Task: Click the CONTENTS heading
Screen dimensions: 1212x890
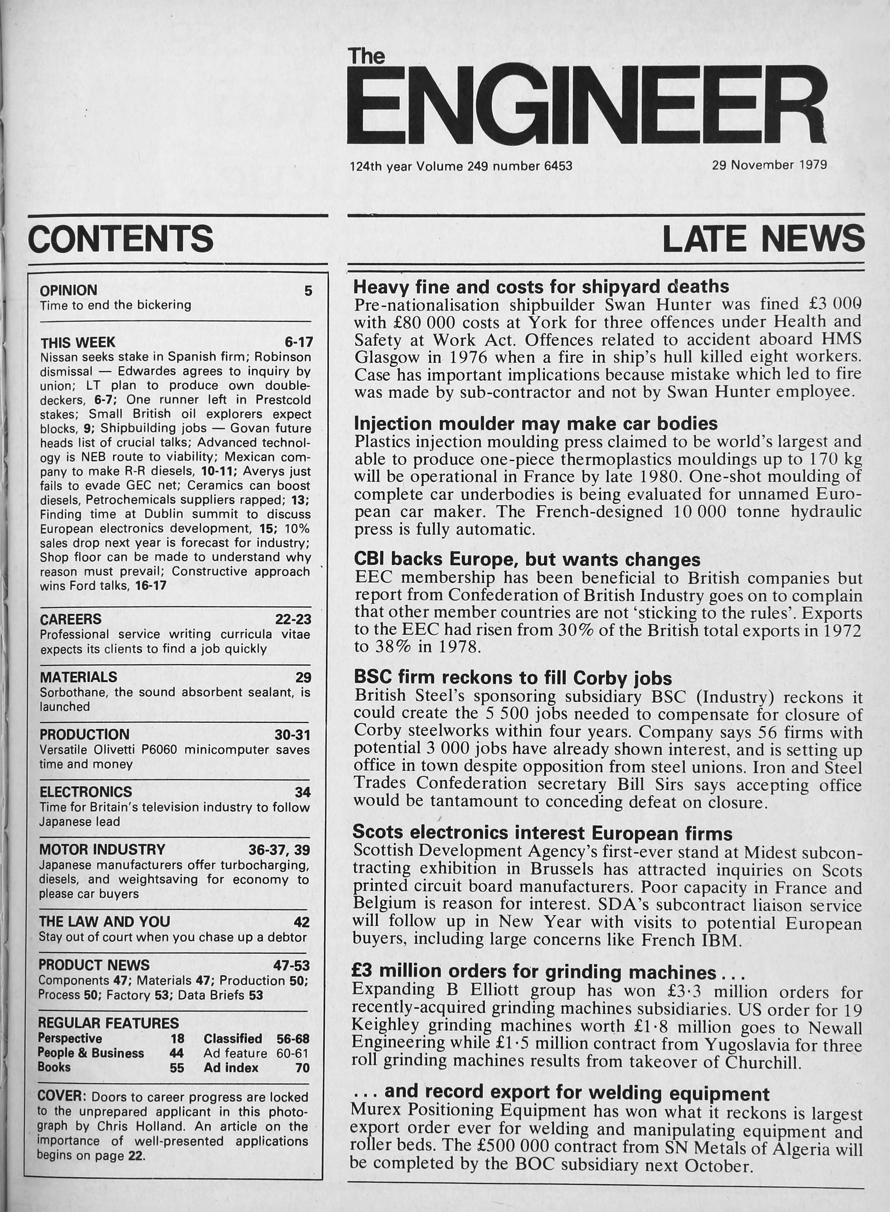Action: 121,239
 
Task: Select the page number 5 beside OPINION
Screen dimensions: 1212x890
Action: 308,291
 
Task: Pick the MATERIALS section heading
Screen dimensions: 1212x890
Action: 78,677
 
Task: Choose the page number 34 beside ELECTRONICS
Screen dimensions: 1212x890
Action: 303,792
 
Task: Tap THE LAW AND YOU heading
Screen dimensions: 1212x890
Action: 104,922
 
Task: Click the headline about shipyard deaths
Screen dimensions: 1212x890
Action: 541,286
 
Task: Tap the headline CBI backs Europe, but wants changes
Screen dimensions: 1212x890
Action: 527,560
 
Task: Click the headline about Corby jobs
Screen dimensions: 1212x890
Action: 512,677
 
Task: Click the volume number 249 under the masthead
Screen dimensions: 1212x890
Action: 478,166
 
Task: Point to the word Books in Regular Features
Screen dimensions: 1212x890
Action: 54,1067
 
